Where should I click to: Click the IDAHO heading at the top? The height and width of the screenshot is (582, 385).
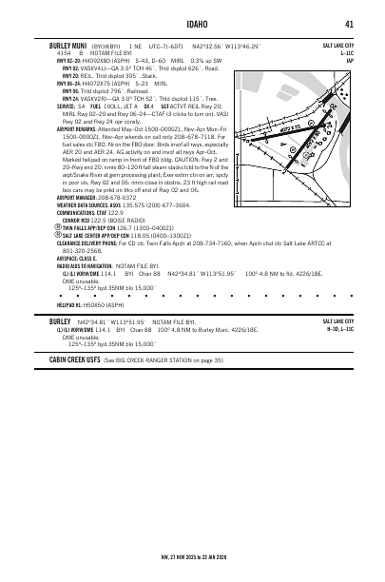(192, 24)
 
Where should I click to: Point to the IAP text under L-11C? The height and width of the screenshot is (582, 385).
(349, 60)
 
